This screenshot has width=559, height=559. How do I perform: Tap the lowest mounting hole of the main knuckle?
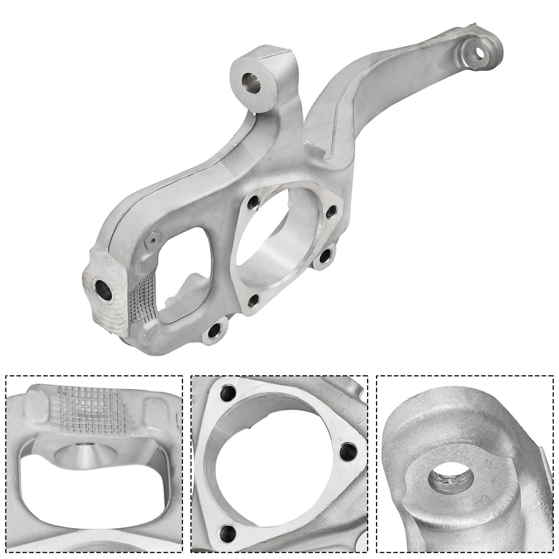coord(214,332)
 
